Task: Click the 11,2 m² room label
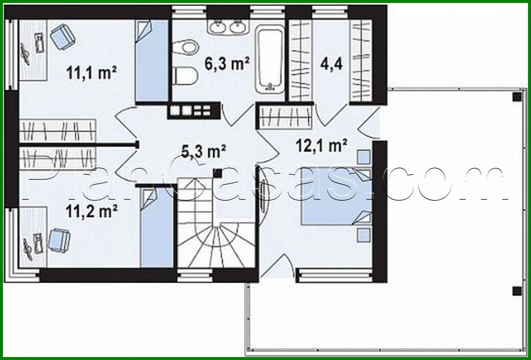(91, 211)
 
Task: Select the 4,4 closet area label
(331, 63)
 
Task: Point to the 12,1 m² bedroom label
(321, 145)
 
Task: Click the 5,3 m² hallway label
(203, 151)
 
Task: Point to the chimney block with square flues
(193, 110)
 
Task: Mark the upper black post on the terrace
(517, 96)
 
